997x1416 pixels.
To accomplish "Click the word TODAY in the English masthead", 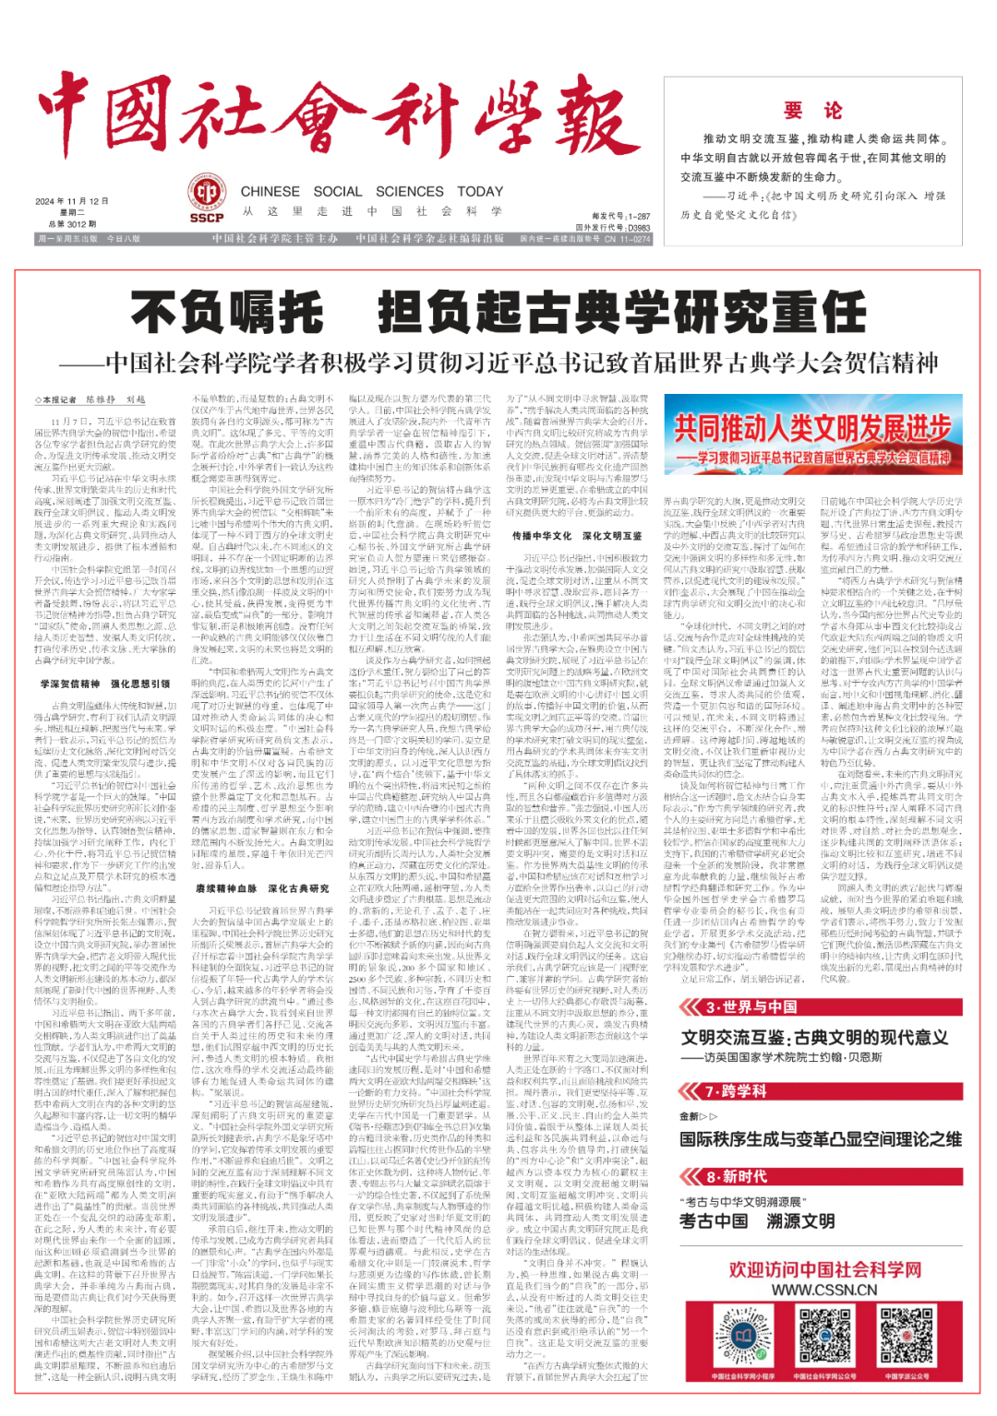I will click(x=480, y=191).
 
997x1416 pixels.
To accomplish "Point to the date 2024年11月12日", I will click(x=71, y=201).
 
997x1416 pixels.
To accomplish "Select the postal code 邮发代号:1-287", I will click(x=620, y=216).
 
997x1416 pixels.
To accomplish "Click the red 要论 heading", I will click(x=812, y=111).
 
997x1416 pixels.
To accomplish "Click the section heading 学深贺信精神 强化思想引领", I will click(x=105, y=684).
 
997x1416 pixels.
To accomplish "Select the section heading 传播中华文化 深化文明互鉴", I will click(x=577, y=535).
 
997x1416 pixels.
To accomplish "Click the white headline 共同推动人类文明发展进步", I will click(x=811, y=429).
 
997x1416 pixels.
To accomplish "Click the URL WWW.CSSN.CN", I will click(x=824, y=1290).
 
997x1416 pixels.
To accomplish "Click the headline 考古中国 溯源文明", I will click(x=757, y=1220).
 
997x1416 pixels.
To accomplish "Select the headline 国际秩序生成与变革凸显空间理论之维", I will click(x=820, y=1138).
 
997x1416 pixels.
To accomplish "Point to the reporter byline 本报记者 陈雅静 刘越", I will click(x=91, y=399).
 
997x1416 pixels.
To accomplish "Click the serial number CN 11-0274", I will click(x=627, y=239).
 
